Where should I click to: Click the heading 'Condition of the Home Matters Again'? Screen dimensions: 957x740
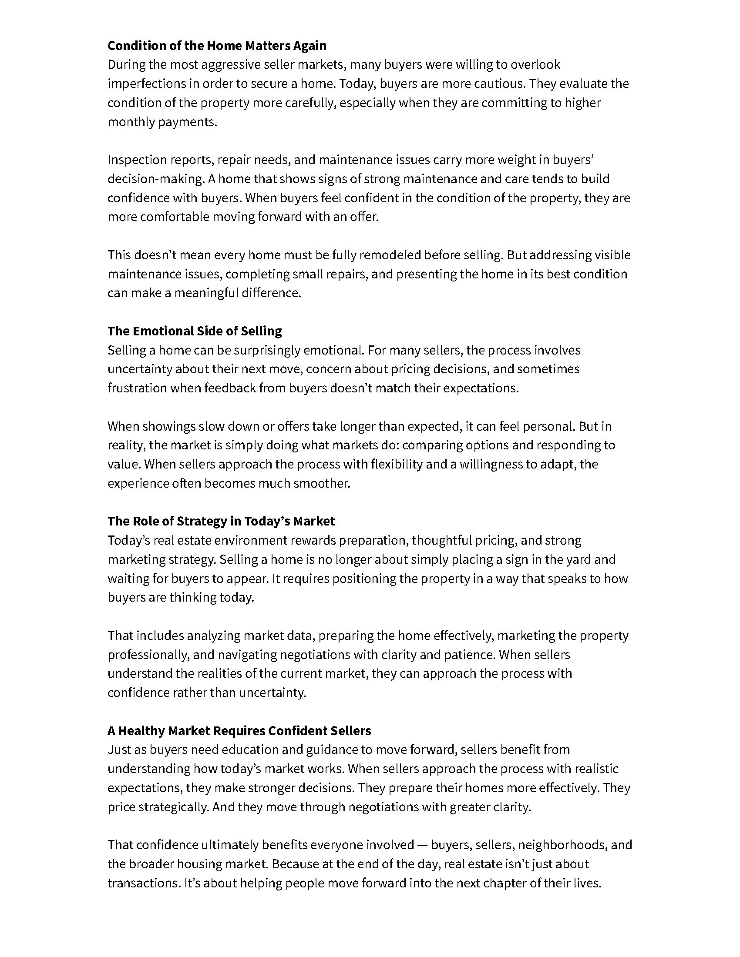tap(217, 46)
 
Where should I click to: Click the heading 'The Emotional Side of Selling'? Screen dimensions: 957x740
tap(195, 331)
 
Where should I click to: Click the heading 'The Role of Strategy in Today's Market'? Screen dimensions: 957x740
tap(221, 521)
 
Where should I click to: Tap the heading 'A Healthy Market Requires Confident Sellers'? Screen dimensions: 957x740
tap(239, 731)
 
